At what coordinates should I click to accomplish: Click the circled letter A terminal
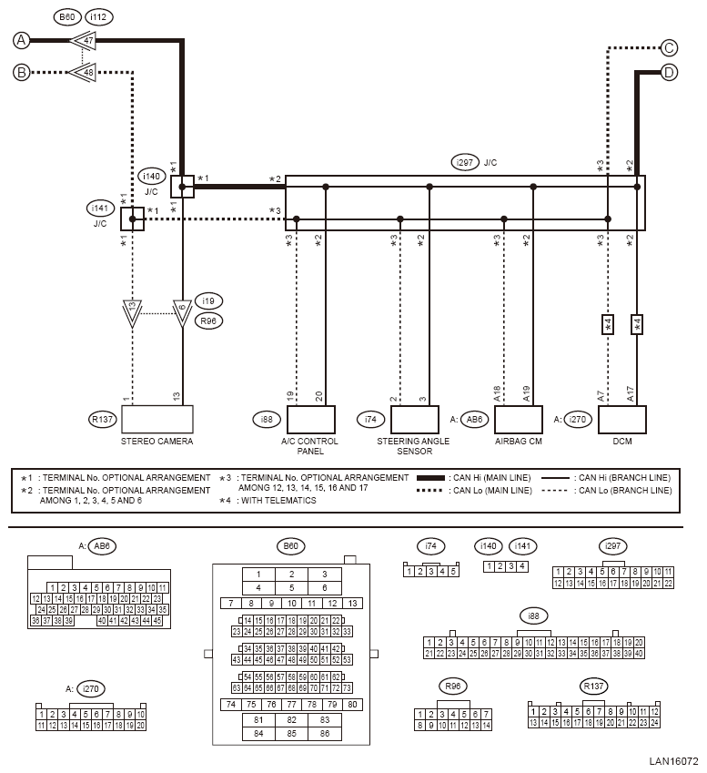tap(21, 40)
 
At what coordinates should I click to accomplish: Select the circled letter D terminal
tap(669, 73)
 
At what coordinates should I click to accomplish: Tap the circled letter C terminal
tap(669, 48)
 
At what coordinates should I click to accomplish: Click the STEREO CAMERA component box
tap(157, 419)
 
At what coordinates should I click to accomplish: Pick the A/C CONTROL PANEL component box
tap(311, 420)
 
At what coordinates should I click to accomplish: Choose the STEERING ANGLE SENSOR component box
tap(415, 420)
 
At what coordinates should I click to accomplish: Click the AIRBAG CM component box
tap(519, 420)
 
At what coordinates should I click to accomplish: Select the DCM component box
tap(622, 420)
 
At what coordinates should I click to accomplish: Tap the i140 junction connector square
tap(182, 187)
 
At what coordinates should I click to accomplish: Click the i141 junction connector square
tap(133, 219)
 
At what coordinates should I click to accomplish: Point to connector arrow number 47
tap(83, 40)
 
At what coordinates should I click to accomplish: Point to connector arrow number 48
tap(83, 73)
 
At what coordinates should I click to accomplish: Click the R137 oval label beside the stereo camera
tap(103, 419)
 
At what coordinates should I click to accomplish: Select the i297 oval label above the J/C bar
tap(465, 162)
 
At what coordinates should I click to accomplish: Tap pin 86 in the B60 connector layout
tap(324, 734)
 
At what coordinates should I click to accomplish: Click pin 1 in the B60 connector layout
tap(258, 575)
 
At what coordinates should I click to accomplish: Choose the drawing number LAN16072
tap(673, 761)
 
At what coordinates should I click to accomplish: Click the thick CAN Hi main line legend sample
tap(430, 478)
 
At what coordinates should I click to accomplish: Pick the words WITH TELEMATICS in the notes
tap(278, 501)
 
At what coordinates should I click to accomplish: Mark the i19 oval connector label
tap(208, 300)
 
